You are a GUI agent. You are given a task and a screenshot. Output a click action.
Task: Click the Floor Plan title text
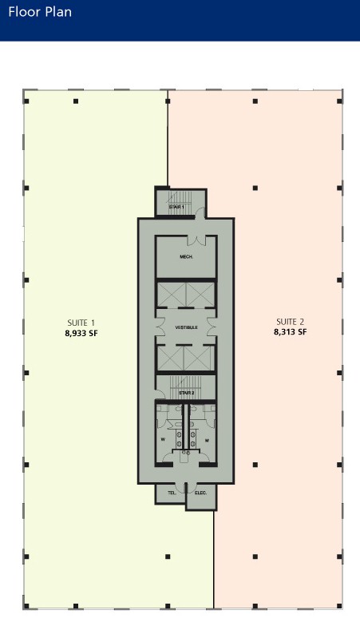click(x=40, y=12)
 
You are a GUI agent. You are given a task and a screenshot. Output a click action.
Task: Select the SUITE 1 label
click(x=81, y=323)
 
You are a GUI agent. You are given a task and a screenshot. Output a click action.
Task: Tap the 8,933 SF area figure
click(x=81, y=333)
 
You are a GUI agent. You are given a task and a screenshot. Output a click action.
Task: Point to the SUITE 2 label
click(x=291, y=322)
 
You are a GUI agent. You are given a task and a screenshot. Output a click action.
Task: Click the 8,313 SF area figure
click(x=291, y=332)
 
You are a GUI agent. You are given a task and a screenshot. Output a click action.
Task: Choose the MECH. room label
click(x=186, y=256)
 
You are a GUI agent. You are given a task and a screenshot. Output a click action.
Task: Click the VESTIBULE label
click(x=186, y=327)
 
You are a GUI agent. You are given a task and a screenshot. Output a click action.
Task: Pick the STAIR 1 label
click(x=176, y=207)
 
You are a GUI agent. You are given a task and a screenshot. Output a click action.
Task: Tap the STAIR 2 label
click(x=186, y=393)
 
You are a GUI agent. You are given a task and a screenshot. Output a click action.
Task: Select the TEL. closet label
click(x=172, y=493)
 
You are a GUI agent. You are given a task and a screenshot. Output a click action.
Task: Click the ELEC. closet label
click(x=200, y=493)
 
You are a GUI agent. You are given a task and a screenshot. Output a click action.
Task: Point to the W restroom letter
click(x=163, y=439)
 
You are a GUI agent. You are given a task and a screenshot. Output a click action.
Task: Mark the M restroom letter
click(x=207, y=440)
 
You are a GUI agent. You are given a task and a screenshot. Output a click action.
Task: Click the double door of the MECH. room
click(x=196, y=240)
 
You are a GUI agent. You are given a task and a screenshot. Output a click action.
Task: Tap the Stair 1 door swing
click(x=201, y=213)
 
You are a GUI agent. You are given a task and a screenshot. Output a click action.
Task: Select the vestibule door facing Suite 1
click(x=160, y=327)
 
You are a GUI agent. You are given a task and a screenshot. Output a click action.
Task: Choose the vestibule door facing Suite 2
click(x=212, y=327)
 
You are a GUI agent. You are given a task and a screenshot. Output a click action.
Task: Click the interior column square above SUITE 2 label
click(x=255, y=188)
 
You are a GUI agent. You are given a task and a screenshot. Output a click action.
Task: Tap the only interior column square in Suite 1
click(x=168, y=557)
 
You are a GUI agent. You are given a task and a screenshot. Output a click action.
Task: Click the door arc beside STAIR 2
click(x=160, y=394)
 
